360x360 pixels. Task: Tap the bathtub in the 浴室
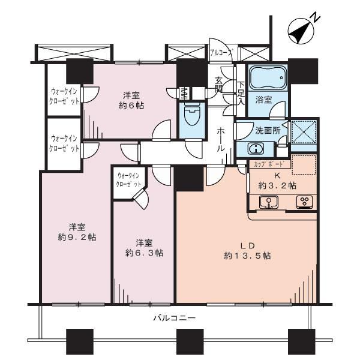(268, 77)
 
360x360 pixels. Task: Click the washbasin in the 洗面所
(256, 148)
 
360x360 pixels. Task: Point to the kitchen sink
(268, 202)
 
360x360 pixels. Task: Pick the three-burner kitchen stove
(305, 202)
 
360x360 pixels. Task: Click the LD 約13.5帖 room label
(247, 251)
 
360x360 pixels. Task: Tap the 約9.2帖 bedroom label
(77, 232)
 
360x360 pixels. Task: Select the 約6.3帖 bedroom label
(144, 248)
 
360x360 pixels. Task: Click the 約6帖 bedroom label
(131, 100)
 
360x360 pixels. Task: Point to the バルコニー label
(175, 318)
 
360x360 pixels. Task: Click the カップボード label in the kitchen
(269, 164)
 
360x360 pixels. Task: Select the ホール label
(221, 140)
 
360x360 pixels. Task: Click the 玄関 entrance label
(218, 85)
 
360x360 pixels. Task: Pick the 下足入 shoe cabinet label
(241, 94)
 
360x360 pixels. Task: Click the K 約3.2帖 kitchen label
(277, 181)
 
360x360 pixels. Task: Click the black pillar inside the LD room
(190, 179)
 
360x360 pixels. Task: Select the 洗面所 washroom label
(268, 130)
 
